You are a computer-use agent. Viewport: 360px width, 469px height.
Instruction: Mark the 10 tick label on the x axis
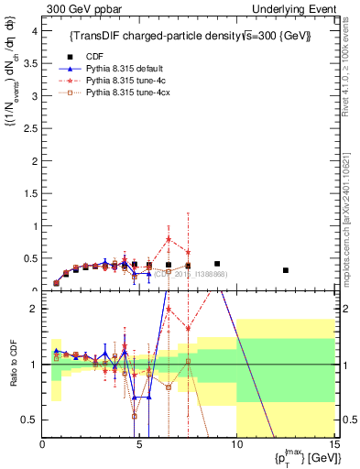pyautogui.click(x=236, y=445)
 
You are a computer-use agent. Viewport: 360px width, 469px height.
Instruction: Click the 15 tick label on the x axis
pyautogui.click(x=333, y=445)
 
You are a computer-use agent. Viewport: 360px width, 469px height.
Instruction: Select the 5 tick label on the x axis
pyautogui.click(x=139, y=445)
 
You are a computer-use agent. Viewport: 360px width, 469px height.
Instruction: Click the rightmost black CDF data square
pyautogui.click(x=286, y=270)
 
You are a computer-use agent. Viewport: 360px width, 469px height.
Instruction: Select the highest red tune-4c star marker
pyautogui.click(x=169, y=239)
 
